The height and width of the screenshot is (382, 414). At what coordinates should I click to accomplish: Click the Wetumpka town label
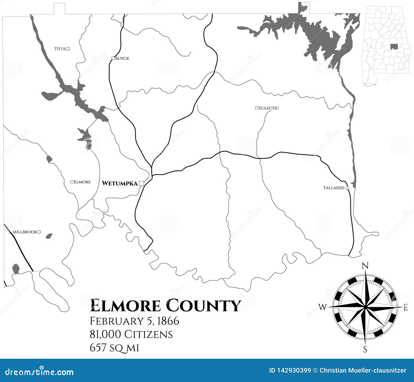pyautogui.click(x=120, y=183)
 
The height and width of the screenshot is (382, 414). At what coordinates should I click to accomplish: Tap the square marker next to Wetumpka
pyautogui.click(x=142, y=183)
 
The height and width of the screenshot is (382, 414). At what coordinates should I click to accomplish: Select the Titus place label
pyautogui.click(x=60, y=49)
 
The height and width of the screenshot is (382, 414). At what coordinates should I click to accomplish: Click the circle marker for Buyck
pyautogui.click(x=113, y=58)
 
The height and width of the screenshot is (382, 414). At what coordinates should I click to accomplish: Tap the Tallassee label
pyautogui.click(x=334, y=188)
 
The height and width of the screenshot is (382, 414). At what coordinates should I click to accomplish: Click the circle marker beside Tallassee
pyautogui.click(x=348, y=188)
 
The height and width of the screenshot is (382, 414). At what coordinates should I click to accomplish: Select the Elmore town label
pyautogui.click(x=82, y=182)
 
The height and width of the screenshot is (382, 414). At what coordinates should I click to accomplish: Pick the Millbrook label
pyautogui.click(x=25, y=232)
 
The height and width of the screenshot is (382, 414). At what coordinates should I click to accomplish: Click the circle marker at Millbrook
pyautogui.click(x=39, y=232)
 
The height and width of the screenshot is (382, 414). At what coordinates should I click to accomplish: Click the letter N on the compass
pyautogui.click(x=365, y=266)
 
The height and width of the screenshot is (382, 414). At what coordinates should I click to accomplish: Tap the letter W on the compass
pyautogui.click(x=323, y=307)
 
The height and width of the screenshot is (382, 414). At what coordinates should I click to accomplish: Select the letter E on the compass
pyautogui.click(x=406, y=307)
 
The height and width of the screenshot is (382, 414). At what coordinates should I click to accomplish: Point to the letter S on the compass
pyautogui.click(x=365, y=350)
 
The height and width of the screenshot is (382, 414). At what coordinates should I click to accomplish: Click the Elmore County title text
pyautogui.click(x=165, y=305)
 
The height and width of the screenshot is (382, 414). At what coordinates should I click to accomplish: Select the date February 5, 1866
pyautogui.click(x=134, y=321)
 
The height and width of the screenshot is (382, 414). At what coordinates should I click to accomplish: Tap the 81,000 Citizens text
pyautogui.click(x=131, y=334)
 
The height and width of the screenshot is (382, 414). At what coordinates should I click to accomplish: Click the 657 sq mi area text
pyautogui.click(x=114, y=348)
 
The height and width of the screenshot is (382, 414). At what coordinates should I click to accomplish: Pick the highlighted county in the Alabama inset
pyautogui.click(x=394, y=47)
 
